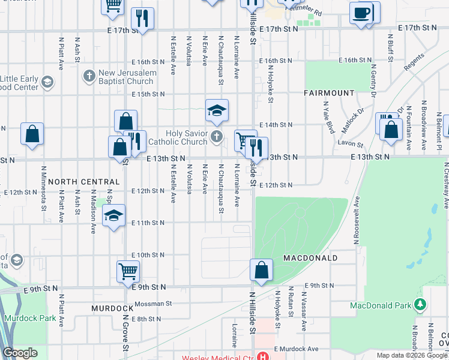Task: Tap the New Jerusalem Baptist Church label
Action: (127, 77)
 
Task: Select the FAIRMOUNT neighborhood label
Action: (329, 93)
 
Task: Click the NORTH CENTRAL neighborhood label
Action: (84, 181)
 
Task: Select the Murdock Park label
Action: (29, 318)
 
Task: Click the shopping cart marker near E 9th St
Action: (128, 271)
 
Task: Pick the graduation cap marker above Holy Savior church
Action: (217, 110)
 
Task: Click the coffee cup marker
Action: (361, 13)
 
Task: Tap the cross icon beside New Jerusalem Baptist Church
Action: (89, 76)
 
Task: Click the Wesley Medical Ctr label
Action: (218, 356)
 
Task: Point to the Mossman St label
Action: (153, 304)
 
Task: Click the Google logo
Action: (20, 353)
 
